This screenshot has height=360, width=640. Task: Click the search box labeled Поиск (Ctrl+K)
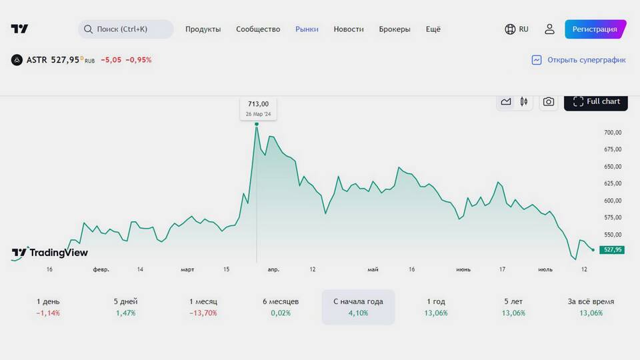click(x=126, y=29)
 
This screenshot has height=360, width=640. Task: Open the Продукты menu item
click(x=203, y=29)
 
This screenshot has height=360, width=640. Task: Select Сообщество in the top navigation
click(x=258, y=29)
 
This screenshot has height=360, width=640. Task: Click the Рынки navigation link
click(x=307, y=29)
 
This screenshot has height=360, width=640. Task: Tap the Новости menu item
click(x=349, y=29)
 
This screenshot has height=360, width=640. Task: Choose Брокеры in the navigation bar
click(x=395, y=29)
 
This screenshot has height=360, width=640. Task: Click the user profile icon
click(x=549, y=29)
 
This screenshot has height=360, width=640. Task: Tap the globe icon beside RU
click(x=511, y=29)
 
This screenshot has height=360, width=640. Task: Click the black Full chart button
click(x=596, y=101)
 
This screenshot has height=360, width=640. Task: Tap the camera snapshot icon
click(x=549, y=101)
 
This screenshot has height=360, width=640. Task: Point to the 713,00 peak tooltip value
click(x=258, y=103)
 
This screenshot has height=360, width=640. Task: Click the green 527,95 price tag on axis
click(x=611, y=249)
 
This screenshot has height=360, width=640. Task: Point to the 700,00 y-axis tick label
click(x=613, y=133)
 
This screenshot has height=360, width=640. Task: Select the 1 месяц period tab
click(x=203, y=307)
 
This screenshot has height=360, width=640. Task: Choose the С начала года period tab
click(x=358, y=307)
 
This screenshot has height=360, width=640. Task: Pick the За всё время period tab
click(x=591, y=307)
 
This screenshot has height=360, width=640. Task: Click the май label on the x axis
click(x=373, y=269)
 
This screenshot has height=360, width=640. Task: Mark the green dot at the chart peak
click(x=257, y=124)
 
